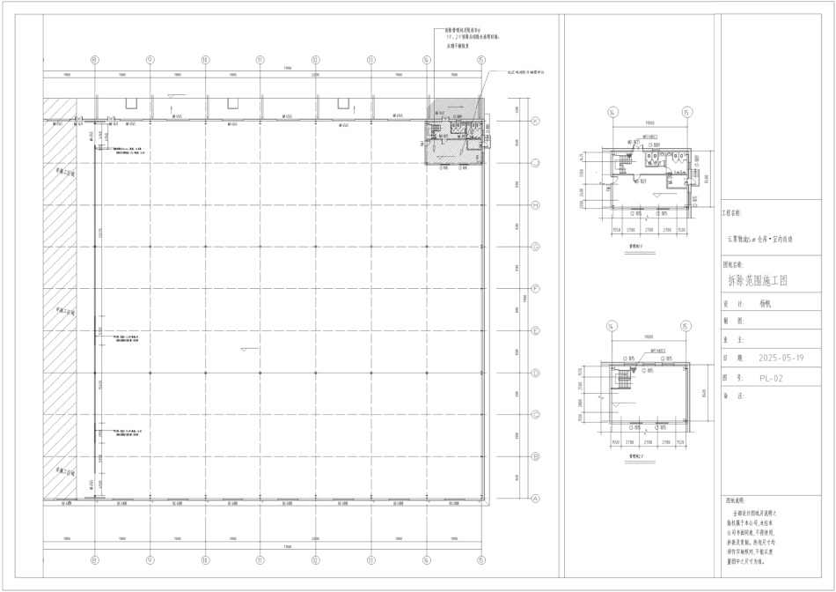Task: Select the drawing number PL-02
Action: tap(771, 378)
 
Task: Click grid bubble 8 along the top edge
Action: tap(94, 60)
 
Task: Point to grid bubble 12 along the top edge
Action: tap(315, 60)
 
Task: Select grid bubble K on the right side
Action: tap(533, 121)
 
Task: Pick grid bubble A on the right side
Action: tap(533, 498)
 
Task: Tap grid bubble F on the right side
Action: tap(533, 288)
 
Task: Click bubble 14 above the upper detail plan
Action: tap(612, 112)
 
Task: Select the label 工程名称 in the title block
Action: tap(732, 213)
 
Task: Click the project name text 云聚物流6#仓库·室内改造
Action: tap(759, 238)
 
